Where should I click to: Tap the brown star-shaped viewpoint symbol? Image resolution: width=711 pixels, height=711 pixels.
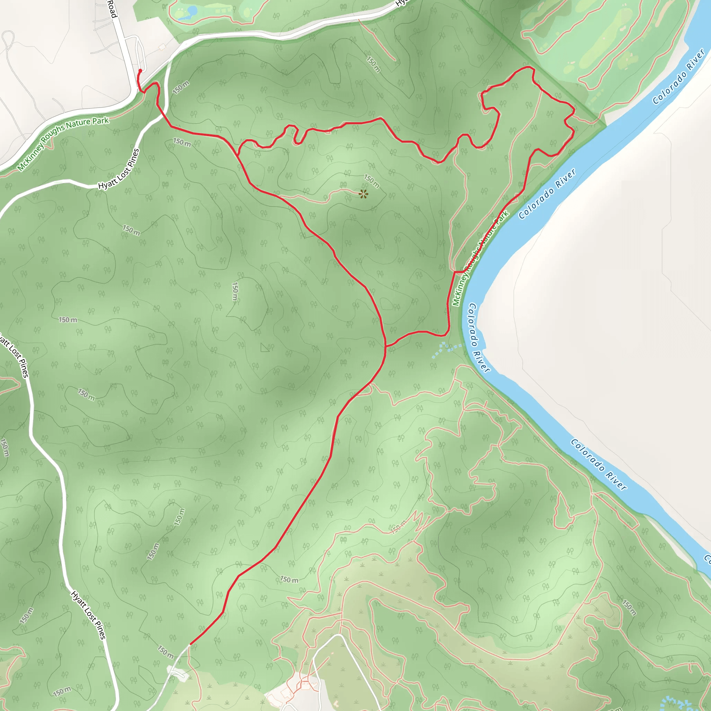point(363,194)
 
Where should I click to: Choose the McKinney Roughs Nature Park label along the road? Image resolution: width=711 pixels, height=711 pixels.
point(63,143)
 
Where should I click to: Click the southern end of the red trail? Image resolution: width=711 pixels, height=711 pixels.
point(190,644)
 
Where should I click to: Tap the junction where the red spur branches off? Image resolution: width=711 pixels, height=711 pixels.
point(385,346)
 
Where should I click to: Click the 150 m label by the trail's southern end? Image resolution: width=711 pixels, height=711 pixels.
point(166,652)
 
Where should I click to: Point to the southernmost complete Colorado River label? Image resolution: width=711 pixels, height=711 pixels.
point(598,465)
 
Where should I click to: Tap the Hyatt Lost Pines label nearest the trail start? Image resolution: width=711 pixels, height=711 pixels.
point(119,169)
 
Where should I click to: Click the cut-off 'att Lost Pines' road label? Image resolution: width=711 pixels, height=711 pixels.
point(15,355)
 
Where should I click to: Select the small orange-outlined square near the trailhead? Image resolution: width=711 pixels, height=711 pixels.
point(162,47)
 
